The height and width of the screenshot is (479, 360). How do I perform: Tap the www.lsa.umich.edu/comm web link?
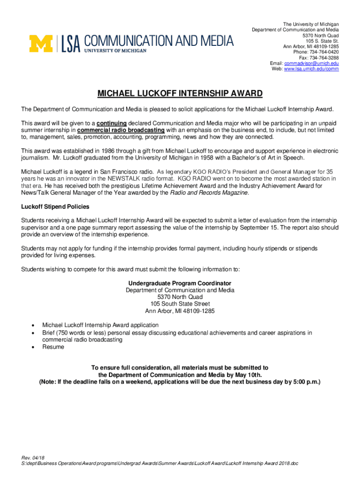(x=311, y=69)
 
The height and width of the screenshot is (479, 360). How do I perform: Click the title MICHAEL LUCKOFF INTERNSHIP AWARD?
(x=180, y=94)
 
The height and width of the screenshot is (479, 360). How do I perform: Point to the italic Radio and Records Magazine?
(x=209, y=192)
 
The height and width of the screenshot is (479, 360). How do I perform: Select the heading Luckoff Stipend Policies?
(x=55, y=206)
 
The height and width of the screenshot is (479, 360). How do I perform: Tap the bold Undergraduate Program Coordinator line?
(x=180, y=283)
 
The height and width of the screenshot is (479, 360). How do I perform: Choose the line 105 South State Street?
(x=180, y=304)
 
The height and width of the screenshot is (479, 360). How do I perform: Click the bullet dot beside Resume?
(x=32, y=347)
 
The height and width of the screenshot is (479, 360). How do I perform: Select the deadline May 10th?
(x=249, y=375)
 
